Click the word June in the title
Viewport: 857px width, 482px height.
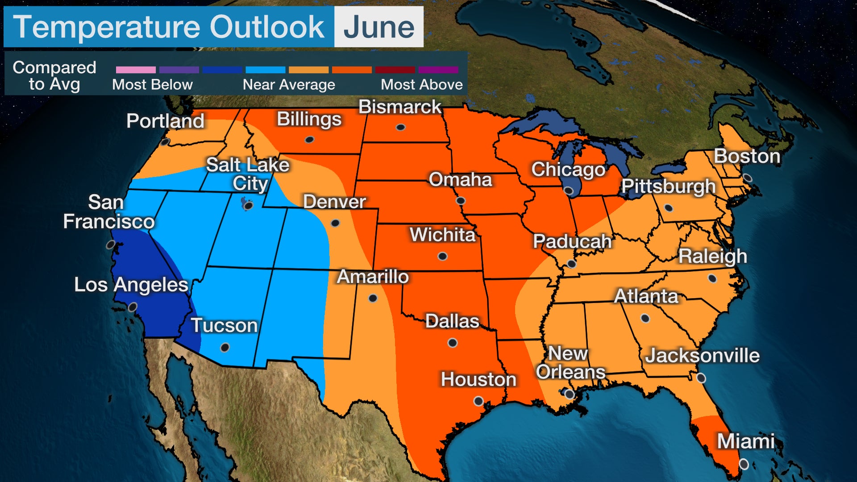click(x=379, y=28)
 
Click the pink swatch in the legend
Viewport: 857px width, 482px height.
click(x=136, y=70)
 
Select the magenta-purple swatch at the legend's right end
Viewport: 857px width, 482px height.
click(x=438, y=70)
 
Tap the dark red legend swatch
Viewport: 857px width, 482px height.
click(x=395, y=70)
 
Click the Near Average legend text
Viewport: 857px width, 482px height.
click(x=289, y=85)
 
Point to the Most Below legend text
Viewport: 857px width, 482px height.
click(x=152, y=85)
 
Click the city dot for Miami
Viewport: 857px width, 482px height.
click(x=744, y=464)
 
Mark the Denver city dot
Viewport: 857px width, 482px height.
click(x=335, y=223)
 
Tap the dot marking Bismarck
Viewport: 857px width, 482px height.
click(x=400, y=128)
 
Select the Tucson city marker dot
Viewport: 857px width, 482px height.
click(x=225, y=347)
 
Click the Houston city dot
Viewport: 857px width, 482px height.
click(x=478, y=401)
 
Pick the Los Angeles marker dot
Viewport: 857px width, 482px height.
click(x=133, y=307)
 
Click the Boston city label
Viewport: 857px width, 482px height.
click(x=747, y=156)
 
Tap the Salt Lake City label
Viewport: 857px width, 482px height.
click(x=248, y=174)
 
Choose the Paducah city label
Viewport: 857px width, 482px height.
click(x=572, y=241)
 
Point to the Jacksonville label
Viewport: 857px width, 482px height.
click(x=702, y=356)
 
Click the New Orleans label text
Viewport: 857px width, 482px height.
click(x=570, y=362)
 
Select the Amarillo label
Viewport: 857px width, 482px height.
click(x=373, y=277)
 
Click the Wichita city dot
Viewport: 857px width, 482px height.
click(x=442, y=256)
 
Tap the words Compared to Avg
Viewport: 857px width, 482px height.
click(x=54, y=75)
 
